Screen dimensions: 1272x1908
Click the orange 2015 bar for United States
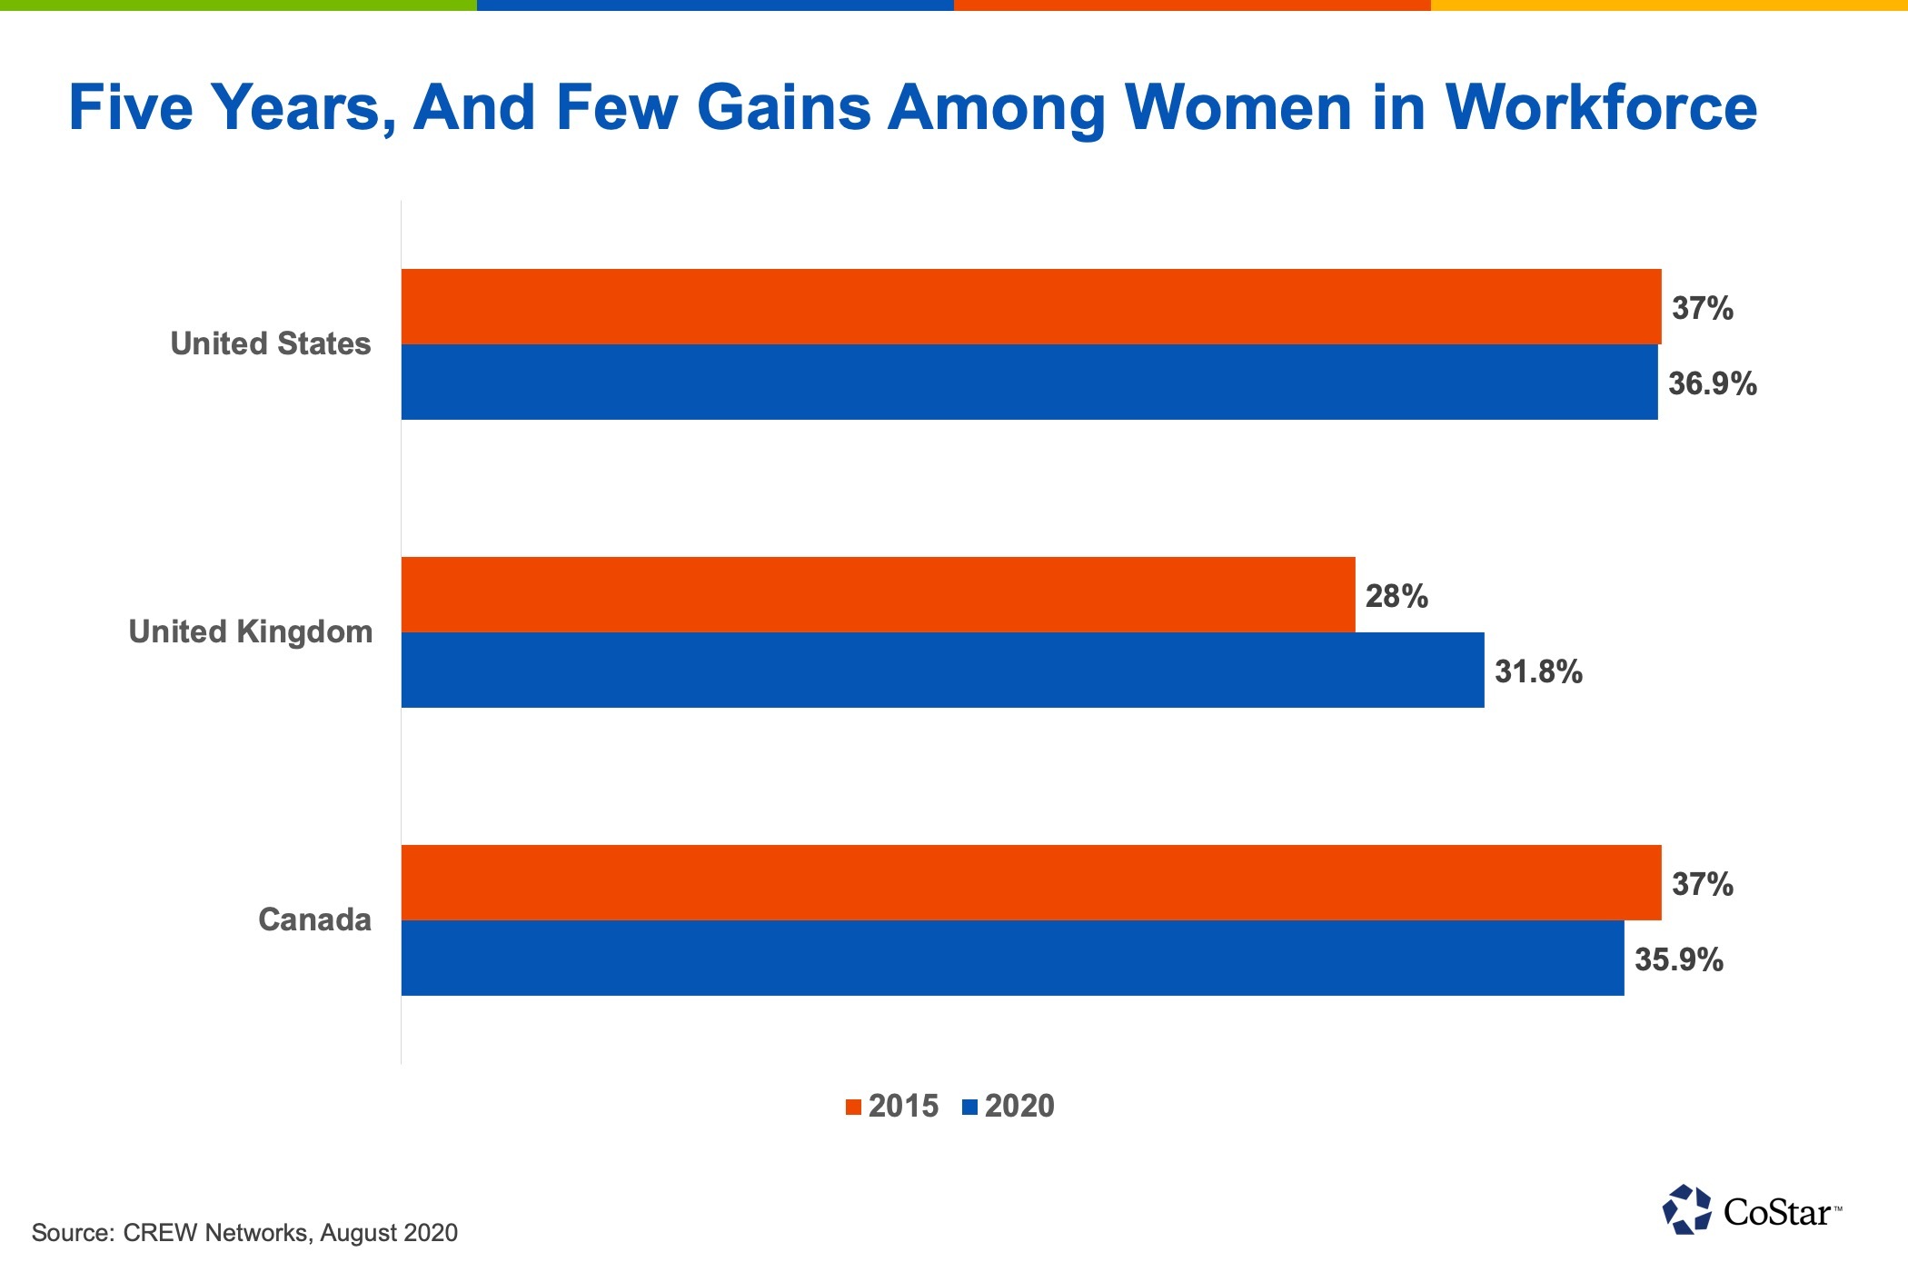click(1031, 306)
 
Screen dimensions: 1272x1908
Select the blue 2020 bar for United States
click(1029, 382)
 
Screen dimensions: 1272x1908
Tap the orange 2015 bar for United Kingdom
click(878, 594)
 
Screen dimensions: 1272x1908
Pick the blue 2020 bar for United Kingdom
click(942, 670)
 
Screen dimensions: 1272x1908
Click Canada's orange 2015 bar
click(1031, 882)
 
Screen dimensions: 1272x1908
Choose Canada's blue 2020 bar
click(1012, 958)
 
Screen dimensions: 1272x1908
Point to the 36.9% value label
click(1712, 383)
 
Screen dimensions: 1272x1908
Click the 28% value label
click(1396, 596)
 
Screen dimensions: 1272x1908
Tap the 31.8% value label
click(1537, 671)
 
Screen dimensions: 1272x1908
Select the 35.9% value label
click(1678, 959)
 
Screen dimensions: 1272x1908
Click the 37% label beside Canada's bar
click(1702, 884)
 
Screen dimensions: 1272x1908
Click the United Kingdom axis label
click(251, 631)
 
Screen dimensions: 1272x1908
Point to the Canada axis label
click(314, 919)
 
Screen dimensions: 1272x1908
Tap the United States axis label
click(271, 343)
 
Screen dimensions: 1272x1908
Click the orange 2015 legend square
click(853, 1107)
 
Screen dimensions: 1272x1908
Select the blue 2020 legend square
click(969, 1107)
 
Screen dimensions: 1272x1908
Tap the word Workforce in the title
click(1601, 107)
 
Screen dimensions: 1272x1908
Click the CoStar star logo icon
click(1686, 1209)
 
